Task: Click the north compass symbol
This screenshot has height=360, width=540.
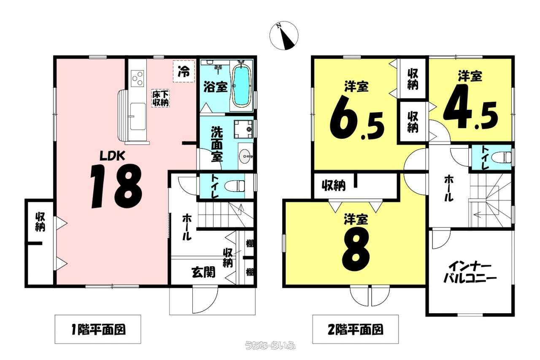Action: point(284,35)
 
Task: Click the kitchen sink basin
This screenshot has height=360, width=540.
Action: point(138,116)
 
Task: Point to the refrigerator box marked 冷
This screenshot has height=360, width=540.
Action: point(184,71)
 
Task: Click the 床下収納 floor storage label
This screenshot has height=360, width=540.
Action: point(160,98)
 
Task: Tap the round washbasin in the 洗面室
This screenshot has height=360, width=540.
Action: point(246,156)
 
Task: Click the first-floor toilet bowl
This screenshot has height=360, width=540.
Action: point(235,186)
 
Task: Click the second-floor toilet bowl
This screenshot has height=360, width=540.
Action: point(502,157)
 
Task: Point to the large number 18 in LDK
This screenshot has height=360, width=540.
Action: point(116,186)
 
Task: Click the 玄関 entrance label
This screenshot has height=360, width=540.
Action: point(203,273)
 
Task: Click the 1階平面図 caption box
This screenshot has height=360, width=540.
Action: point(98,329)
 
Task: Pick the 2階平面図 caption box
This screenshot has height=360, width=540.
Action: point(355,329)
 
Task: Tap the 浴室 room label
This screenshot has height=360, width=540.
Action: point(216,87)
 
